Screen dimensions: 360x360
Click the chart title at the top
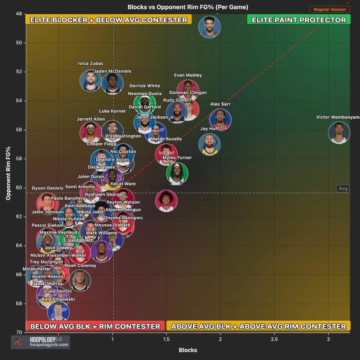click(188, 7)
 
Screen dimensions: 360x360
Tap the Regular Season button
click(330, 9)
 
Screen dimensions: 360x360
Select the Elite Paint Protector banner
click(299, 20)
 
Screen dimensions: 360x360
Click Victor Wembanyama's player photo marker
click(339, 133)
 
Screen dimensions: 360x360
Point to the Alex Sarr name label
click(220, 104)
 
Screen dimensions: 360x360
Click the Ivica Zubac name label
click(91, 64)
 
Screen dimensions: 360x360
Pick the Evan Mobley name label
click(188, 75)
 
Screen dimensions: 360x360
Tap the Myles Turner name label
click(177, 157)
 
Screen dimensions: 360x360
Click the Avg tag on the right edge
click(343, 188)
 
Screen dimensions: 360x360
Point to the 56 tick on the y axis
click(19, 130)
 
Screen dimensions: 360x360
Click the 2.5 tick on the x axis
click(274, 339)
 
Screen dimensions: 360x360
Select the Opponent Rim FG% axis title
click(8, 173)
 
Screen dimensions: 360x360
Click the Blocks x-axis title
click(188, 350)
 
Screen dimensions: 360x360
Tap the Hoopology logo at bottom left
click(40, 342)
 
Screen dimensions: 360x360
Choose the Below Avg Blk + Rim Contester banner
click(95, 326)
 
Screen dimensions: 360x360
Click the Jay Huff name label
click(210, 129)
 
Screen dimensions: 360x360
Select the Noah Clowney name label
click(80, 265)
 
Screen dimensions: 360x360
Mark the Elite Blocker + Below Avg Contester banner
click(109, 20)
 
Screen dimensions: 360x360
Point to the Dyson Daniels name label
click(48, 188)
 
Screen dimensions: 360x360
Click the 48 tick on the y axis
click(19, 14)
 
